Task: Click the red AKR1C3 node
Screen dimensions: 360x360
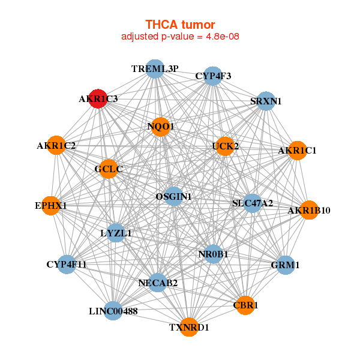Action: pyautogui.click(x=98, y=98)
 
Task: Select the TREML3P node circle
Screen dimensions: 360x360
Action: pyautogui.click(x=155, y=68)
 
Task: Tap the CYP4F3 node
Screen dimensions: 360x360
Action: pyautogui.click(x=213, y=76)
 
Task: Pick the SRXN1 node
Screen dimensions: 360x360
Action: pyautogui.click(x=266, y=101)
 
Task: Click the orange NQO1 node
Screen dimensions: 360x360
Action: pyautogui.click(x=160, y=127)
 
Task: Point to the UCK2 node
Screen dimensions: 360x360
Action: pyautogui.click(x=224, y=146)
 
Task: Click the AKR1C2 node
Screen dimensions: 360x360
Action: pyautogui.click(x=56, y=145)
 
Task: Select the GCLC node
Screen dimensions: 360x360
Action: pyautogui.click(x=109, y=169)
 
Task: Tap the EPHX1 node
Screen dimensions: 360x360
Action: pyautogui.click(x=51, y=206)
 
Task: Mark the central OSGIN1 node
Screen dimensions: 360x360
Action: pyautogui.click(x=173, y=196)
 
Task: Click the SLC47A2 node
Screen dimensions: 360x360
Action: pyautogui.click(x=253, y=203)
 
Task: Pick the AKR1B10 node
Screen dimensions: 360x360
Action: pyautogui.click(x=308, y=210)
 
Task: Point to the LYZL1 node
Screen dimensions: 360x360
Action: pyautogui.click(x=116, y=232)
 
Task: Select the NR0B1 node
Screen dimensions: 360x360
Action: pyautogui.click(x=213, y=254)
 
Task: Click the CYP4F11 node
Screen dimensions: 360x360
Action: pyautogui.click(x=67, y=264)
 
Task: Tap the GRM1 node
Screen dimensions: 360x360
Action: pyautogui.click(x=286, y=265)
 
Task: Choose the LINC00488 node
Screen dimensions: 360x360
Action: pyautogui.click(x=113, y=310)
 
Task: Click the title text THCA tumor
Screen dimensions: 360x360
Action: pyautogui.click(x=180, y=25)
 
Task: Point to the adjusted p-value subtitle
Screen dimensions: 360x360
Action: pyautogui.click(x=180, y=37)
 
